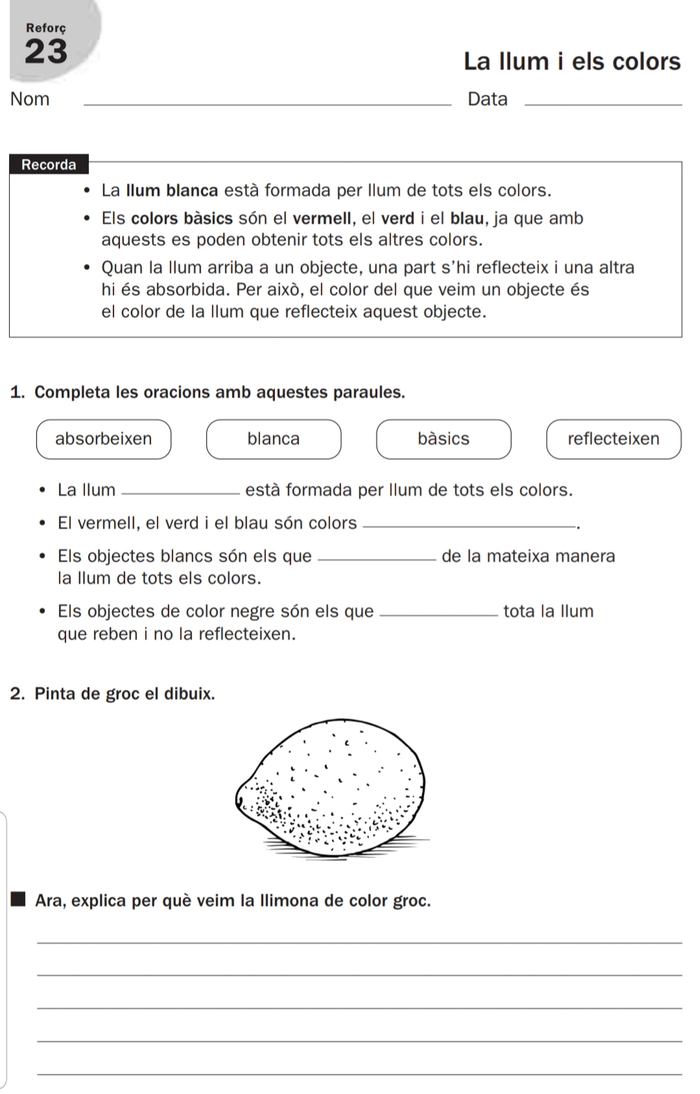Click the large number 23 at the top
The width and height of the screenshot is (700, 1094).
pos(45,52)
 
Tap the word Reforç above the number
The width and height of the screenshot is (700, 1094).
pos(45,28)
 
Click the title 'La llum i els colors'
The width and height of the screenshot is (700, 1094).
pos(572,62)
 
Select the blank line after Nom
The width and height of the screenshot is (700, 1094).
pos(268,104)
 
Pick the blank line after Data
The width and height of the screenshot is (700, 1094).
pos(603,104)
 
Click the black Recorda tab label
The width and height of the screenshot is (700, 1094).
pos(49,165)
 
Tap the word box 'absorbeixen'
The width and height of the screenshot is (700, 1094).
pos(104,439)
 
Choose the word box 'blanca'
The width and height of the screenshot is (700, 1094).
pos(274,439)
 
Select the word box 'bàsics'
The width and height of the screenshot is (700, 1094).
pos(443,439)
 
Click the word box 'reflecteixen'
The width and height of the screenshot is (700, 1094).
pos(613,439)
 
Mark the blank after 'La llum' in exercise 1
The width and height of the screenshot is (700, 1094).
pos(180,494)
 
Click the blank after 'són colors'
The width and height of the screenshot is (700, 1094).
pos(469,527)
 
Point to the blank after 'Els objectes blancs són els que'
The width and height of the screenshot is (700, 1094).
pos(379,560)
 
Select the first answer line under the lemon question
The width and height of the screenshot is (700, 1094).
pos(360,942)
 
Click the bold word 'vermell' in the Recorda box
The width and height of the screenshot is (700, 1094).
pos(321,218)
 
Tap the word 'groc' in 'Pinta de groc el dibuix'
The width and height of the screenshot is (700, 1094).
pos(122,693)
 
